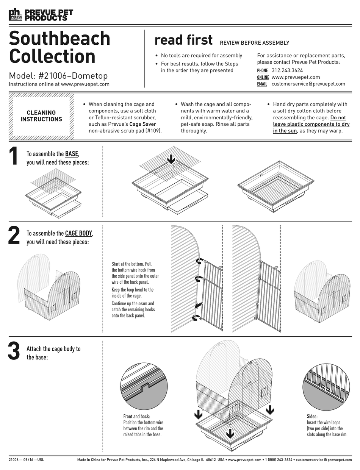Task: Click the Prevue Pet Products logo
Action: pyautogui.click(x=41, y=15)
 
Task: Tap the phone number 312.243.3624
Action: pyautogui.click(x=287, y=70)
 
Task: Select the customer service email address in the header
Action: pyautogui.click(x=308, y=84)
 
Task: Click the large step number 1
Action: pyautogui.click(x=14, y=156)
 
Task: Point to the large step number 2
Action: pyautogui.click(x=14, y=236)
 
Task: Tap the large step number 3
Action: pyautogui.click(x=14, y=351)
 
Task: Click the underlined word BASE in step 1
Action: pyautogui.click(x=72, y=154)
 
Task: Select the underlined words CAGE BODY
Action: pyautogui.click(x=78, y=234)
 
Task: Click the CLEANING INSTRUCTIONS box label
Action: pyautogui.click(x=41, y=116)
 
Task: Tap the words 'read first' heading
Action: pyautogui.click(x=183, y=40)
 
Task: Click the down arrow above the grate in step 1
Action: pyautogui.click(x=171, y=159)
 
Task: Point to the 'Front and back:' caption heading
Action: pyautogui.click(x=136, y=416)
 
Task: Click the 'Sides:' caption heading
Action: pyautogui.click(x=312, y=416)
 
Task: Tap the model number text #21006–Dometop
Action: pyautogui.click(x=73, y=76)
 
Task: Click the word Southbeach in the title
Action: pyautogui.click(x=59, y=39)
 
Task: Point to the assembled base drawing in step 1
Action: pyautogui.click(x=275, y=186)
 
